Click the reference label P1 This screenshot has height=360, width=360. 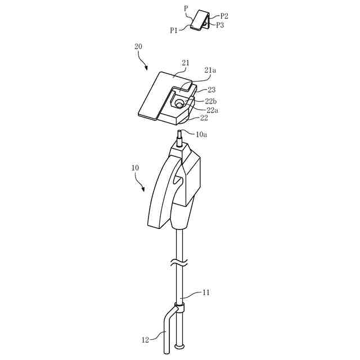(175, 30)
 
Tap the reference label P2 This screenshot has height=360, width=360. (224, 16)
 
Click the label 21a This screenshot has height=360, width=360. (210, 70)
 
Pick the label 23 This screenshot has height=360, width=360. (212, 89)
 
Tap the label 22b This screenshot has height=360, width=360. (211, 101)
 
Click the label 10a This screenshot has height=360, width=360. (202, 134)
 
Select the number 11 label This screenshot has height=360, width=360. (207, 292)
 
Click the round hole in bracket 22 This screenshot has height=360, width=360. (179, 103)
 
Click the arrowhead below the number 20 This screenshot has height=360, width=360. (147, 68)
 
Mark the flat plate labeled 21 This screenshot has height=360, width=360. (157, 93)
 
